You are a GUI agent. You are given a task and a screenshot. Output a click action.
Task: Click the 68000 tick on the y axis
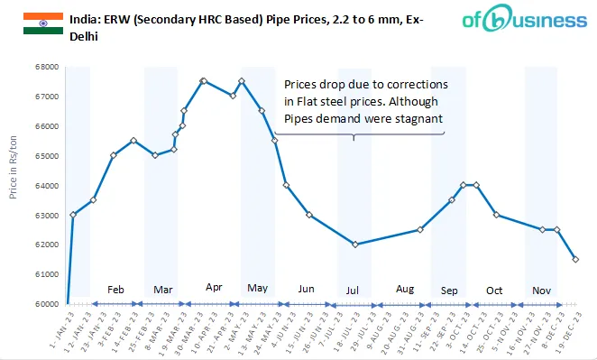(47, 67)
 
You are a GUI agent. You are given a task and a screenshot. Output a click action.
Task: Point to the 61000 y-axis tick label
(47, 274)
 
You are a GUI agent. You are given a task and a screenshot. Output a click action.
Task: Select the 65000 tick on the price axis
(47, 156)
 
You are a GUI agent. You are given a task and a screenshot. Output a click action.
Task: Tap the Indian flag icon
(42, 24)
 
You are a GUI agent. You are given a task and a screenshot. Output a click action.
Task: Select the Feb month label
(115, 290)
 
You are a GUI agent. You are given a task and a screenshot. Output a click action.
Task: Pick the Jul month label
(354, 291)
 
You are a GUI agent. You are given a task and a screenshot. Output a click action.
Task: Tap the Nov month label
(541, 291)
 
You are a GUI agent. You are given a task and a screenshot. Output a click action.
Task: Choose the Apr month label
(214, 287)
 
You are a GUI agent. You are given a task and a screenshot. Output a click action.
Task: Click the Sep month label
(448, 291)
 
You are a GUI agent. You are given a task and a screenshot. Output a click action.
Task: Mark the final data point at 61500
(575, 259)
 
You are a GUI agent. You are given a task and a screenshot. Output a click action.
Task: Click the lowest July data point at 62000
(355, 245)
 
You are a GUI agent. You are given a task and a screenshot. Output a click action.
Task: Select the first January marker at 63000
(73, 215)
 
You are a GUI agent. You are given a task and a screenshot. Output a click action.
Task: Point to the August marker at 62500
(419, 229)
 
